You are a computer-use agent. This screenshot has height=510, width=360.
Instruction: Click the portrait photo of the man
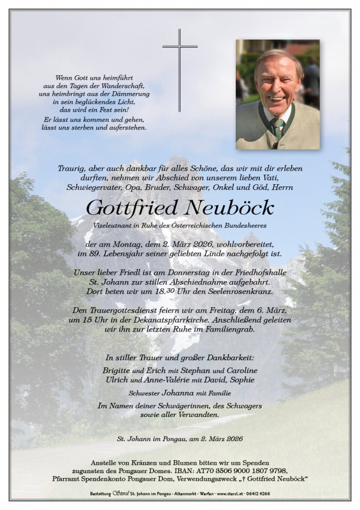[277, 94]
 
